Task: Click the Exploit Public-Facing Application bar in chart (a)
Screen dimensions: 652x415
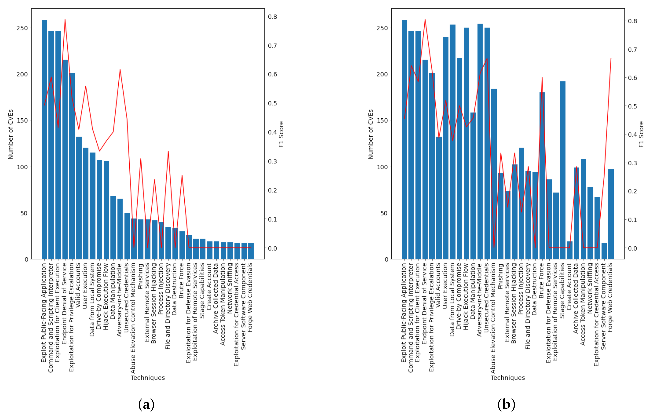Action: [44, 140]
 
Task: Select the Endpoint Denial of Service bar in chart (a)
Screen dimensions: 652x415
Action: [65, 159]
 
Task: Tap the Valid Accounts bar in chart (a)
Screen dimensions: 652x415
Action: [79, 198]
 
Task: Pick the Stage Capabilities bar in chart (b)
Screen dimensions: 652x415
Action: [563, 170]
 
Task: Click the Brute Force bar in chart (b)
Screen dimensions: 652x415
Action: [542, 176]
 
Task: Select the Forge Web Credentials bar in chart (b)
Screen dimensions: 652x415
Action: [611, 214]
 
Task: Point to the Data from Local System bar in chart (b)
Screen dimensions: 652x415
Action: [452, 142]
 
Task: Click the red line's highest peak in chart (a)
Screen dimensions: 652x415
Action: [65, 19]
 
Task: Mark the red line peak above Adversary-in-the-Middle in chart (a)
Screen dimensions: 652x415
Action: [120, 69]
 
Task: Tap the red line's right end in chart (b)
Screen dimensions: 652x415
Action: [611, 58]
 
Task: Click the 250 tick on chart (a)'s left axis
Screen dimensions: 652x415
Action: [22, 28]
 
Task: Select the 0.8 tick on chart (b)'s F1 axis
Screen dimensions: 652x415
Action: [633, 21]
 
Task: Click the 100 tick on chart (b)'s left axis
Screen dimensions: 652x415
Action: [382, 167]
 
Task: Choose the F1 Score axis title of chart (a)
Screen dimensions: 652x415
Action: [281, 134]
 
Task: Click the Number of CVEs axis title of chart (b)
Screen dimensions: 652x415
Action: [370, 134]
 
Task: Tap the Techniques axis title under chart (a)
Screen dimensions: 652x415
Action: [148, 378]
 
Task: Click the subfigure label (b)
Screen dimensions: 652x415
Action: [506, 404]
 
